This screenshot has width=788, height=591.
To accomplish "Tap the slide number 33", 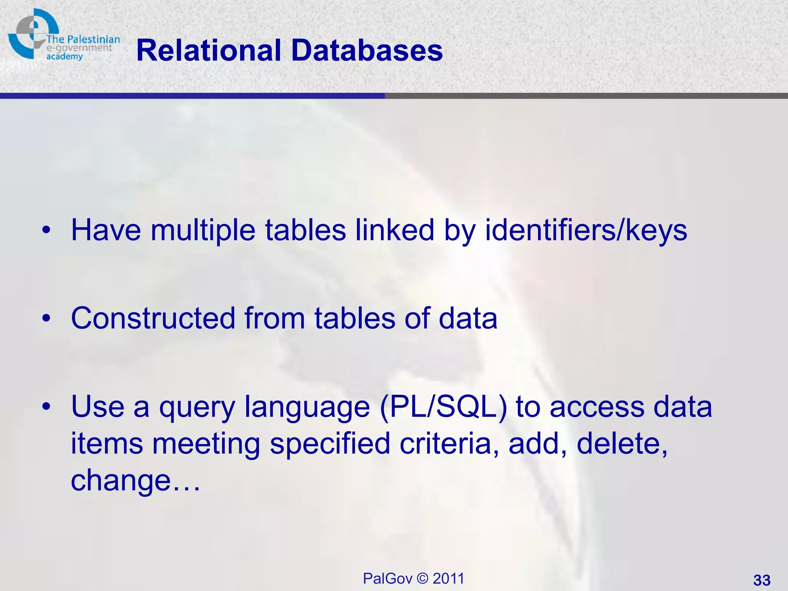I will pyautogui.click(x=761, y=580).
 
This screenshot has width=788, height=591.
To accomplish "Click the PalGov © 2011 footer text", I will pyautogui.click(x=414, y=578).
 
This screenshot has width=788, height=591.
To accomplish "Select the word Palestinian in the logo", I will pyautogui.click(x=93, y=39).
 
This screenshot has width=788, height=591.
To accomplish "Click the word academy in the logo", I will pyautogui.click(x=65, y=57).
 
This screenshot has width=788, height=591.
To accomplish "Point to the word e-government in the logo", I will pyautogui.click(x=79, y=48).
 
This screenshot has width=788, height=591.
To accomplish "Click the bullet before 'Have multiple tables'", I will pyautogui.click(x=47, y=230).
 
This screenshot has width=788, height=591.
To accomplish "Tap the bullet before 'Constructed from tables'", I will pyautogui.click(x=47, y=319).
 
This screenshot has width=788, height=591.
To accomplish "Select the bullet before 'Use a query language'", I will pyautogui.click(x=47, y=407).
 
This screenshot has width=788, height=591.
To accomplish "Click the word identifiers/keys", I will pyautogui.click(x=586, y=230).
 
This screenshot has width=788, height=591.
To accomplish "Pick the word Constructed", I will pyautogui.click(x=153, y=319).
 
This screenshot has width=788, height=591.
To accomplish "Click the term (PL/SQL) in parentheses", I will pyautogui.click(x=443, y=407).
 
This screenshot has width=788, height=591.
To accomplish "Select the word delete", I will pyautogui.click(x=622, y=443).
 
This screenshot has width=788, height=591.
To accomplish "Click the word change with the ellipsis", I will pyautogui.click(x=135, y=480).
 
